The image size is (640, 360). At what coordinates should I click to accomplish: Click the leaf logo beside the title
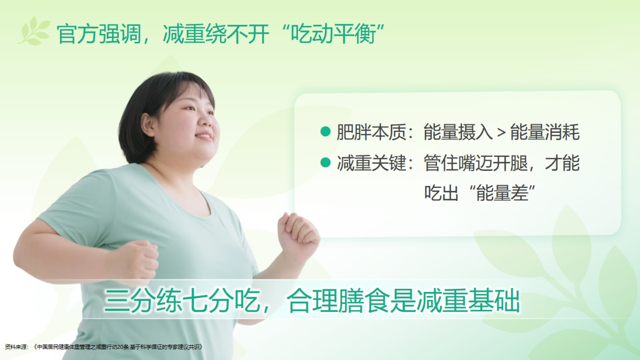34,31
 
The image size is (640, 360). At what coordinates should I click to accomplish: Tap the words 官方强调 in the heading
98,34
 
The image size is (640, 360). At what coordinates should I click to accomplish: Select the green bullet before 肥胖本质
326,132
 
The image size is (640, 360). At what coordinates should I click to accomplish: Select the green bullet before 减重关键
326,162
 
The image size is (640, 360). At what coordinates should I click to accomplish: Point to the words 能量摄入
458,132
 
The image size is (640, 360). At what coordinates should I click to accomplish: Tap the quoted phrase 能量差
502,193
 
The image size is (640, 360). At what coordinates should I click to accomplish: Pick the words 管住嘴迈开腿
476,163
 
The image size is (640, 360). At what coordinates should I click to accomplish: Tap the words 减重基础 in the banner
468,300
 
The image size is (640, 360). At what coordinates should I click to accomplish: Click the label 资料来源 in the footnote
16,347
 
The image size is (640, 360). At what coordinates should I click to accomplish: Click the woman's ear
147,124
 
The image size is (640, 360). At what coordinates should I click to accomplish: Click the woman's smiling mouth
204,136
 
